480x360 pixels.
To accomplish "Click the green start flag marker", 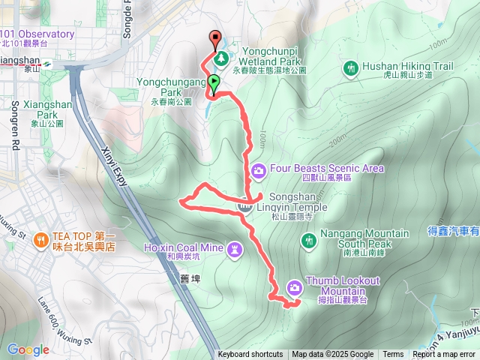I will point(214,83).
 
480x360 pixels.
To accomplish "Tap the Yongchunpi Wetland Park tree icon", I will point(221,58).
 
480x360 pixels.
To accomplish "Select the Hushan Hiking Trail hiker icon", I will point(351,67).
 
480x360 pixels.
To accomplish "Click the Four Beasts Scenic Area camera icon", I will point(259,169).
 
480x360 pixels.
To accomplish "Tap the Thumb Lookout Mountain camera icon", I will point(294,286).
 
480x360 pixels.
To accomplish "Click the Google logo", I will point(28,349).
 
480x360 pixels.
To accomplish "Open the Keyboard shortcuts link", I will point(250,355).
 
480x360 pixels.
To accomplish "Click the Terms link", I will point(393,355).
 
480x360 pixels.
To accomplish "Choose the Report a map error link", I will point(444,355).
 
